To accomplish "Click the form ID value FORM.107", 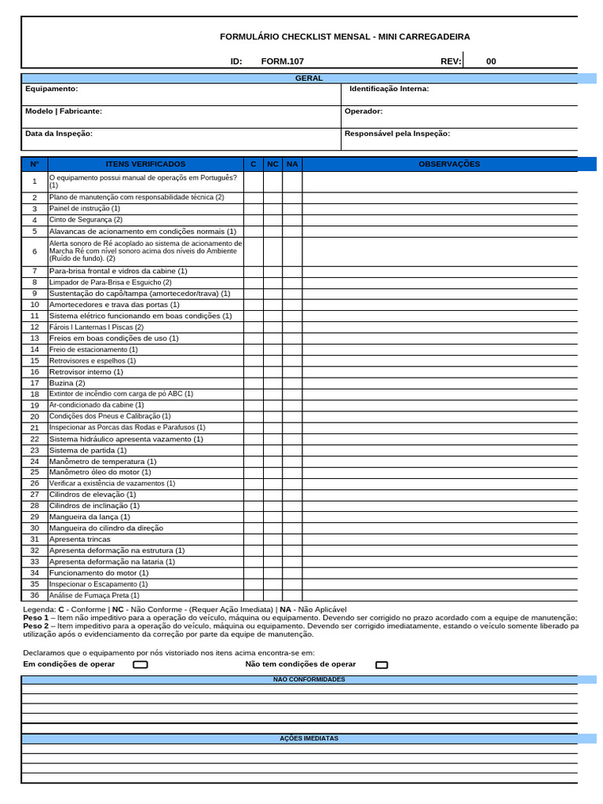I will pyautogui.click(x=282, y=61).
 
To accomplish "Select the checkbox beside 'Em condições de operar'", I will pyautogui.click(x=141, y=664).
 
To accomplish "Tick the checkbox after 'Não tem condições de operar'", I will pyautogui.click(x=382, y=664).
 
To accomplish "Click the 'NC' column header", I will pyautogui.click(x=272, y=164).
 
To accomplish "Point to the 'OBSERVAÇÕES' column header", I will pyautogui.click(x=448, y=164).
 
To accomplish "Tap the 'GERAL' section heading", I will pyautogui.click(x=309, y=78).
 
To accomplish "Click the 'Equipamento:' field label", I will pyautogui.click(x=51, y=89).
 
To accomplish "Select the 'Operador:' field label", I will pyautogui.click(x=364, y=111).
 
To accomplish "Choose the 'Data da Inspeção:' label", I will pyautogui.click(x=59, y=133).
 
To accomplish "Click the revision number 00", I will pyautogui.click(x=491, y=61).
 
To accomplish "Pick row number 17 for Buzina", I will pyautogui.click(x=35, y=383).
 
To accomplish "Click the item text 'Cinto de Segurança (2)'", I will pyautogui.click(x=86, y=220).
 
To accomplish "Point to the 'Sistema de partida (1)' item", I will pyautogui.click(x=88, y=451).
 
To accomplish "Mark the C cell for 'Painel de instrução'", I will pyautogui.click(x=253, y=209).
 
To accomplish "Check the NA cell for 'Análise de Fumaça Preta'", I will pyautogui.click(x=292, y=595).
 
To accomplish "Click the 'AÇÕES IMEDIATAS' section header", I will pyautogui.click(x=309, y=739).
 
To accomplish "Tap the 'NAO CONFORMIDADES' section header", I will pyautogui.click(x=309, y=679).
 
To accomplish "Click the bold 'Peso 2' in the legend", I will pyautogui.click(x=35, y=626).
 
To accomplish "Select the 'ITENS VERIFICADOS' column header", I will pyautogui.click(x=145, y=164).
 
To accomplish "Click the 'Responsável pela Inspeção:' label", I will pyautogui.click(x=397, y=133).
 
